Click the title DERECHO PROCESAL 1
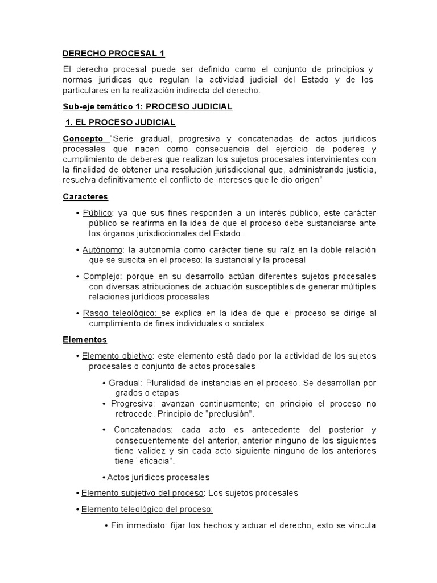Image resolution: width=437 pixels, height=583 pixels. pos(113,54)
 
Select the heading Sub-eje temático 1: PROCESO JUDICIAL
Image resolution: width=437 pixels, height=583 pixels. pos(147,107)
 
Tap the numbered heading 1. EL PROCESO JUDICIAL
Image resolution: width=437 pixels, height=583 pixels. pos(121,122)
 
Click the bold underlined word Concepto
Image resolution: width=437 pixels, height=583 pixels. pos(83,138)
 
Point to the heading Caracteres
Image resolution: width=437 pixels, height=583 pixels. pos(85,196)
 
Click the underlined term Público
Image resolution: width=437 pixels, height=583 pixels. pos(97,213)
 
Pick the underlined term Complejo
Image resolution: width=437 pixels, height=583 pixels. pos(102,276)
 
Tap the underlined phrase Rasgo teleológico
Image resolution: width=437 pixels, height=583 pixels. pos(121,313)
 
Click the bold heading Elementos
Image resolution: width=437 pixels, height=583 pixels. pos(85,339)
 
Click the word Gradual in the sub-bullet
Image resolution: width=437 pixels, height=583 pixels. pos(125,383)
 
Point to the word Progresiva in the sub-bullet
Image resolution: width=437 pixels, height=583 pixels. pos(133,404)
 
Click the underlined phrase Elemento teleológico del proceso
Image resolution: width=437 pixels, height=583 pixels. pos(147,510)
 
